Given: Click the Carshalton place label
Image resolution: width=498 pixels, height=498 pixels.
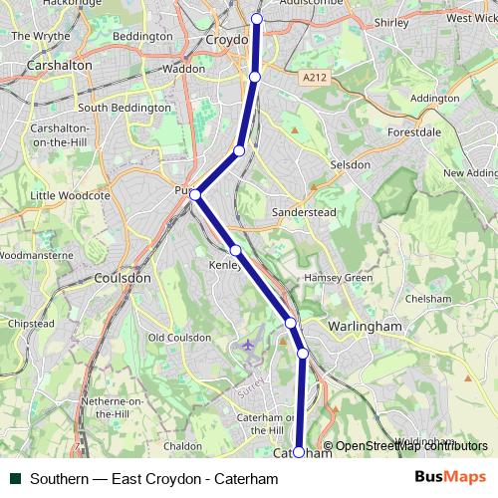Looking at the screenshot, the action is (62, 65).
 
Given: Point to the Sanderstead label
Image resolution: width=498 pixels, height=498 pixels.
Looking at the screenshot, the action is (305, 212).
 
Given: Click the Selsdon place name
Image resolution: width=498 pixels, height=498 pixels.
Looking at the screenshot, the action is (350, 164).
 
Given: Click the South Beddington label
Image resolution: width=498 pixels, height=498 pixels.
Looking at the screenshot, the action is (124, 108).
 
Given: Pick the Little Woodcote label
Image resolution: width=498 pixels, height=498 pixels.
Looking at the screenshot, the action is (70, 195).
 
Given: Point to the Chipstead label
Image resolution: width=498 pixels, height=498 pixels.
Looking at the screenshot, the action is (31, 324).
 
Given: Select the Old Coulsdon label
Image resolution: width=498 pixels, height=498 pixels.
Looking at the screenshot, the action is (179, 338).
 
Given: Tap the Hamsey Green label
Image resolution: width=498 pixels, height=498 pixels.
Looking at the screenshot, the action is (337, 276).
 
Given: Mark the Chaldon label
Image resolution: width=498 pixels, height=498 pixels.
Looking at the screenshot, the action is (182, 446).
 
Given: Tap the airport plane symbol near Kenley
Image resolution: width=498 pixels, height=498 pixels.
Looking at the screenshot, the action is (248, 346).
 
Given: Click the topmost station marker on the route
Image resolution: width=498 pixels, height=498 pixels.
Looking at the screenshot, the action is (257, 19).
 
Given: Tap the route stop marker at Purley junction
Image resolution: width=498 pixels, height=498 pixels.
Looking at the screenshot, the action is (196, 194).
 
